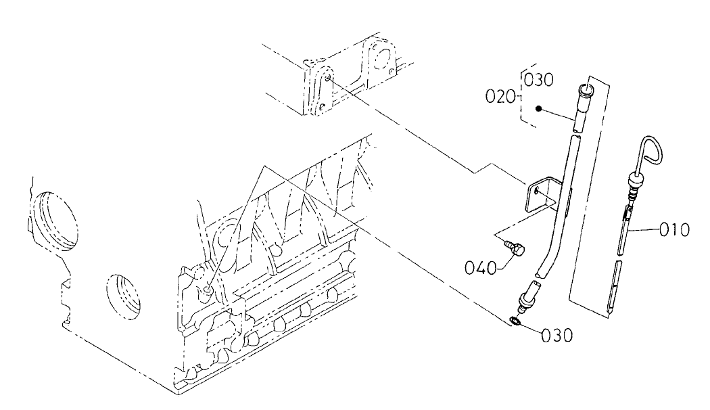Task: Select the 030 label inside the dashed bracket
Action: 539,80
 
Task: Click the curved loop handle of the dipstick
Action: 648,150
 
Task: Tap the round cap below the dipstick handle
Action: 634,181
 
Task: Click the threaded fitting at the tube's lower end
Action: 527,298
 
